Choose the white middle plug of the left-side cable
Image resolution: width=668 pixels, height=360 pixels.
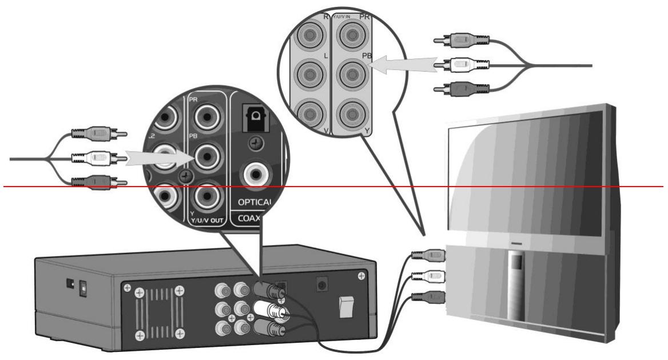click(97, 156)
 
